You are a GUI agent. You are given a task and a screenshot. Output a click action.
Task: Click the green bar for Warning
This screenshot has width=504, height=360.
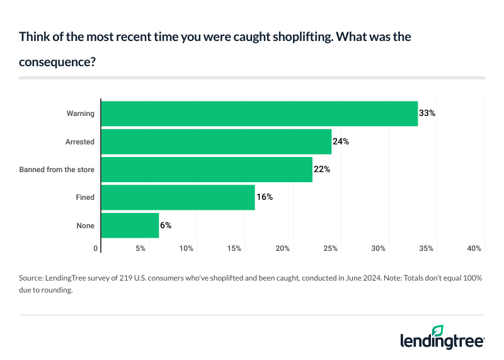[x=260, y=113]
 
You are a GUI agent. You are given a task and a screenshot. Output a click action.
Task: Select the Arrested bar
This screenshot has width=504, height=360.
[x=216, y=142]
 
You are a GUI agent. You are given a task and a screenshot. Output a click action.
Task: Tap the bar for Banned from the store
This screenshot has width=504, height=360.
[x=207, y=170]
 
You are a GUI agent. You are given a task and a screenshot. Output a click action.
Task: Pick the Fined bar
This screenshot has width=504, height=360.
[x=178, y=197]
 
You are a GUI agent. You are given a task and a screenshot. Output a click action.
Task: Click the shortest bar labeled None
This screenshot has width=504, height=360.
[x=130, y=225]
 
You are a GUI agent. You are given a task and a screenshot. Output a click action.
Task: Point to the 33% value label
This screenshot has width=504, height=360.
[x=427, y=113]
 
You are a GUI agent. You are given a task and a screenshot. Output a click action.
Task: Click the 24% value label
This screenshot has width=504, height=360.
[x=341, y=142]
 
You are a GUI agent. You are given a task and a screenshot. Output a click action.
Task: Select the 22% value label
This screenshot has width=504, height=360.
[x=322, y=170]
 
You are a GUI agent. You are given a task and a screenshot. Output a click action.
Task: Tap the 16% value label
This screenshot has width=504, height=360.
[x=264, y=197]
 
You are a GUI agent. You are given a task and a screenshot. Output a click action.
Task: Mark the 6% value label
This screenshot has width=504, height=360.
[x=166, y=225]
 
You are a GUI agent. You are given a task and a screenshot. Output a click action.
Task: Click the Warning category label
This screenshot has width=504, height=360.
[x=81, y=113]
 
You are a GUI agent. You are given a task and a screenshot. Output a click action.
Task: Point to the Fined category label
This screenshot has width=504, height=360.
[x=85, y=197]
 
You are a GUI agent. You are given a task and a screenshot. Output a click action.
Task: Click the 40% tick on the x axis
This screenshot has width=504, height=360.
[x=474, y=248]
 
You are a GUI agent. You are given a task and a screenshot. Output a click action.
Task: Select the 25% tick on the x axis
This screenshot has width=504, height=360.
[x=330, y=248]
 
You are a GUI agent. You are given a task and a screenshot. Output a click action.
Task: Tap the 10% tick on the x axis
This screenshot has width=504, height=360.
[x=186, y=248]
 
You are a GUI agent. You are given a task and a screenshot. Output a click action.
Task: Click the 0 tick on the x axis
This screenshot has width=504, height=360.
[x=96, y=248]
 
